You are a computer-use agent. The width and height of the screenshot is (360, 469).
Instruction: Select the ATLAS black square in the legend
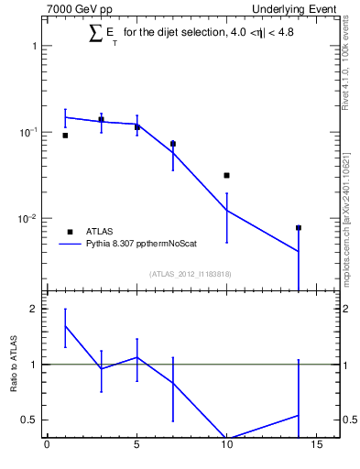[x=70, y=231]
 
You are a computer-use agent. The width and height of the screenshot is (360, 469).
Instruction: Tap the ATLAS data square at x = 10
[x=226, y=175]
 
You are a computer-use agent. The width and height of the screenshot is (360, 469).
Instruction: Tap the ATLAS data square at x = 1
[x=65, y=136]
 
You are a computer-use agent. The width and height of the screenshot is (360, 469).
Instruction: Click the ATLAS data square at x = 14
[x=299, y=227]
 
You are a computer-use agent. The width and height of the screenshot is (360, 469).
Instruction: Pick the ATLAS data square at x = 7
[x=173, y=144]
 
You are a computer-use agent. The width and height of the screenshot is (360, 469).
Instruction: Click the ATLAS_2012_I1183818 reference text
[x=190, y=272]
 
